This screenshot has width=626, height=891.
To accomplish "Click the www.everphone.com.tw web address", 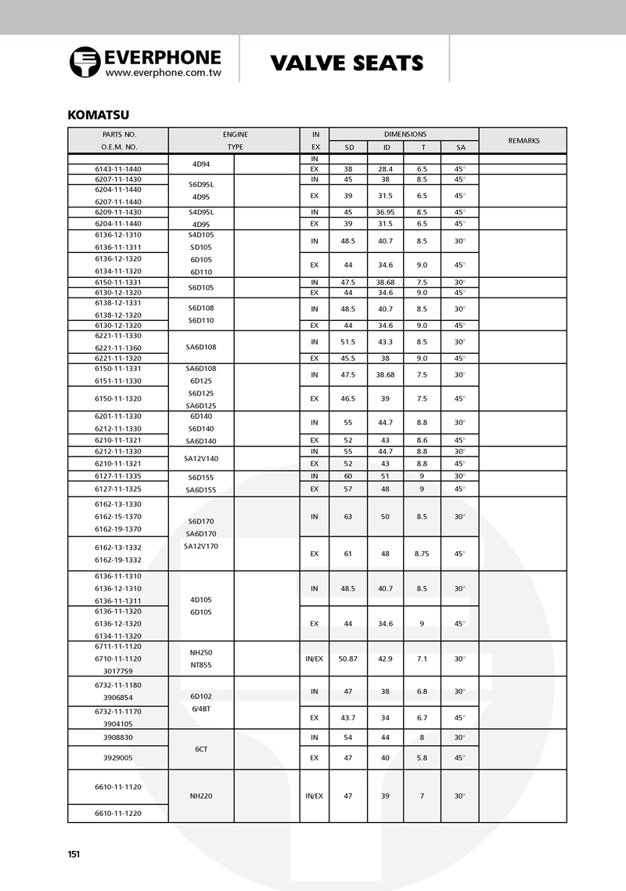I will pos(163,72).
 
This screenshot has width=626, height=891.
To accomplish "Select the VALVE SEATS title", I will pos(347,63).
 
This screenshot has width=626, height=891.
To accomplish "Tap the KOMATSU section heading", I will pos(98,115).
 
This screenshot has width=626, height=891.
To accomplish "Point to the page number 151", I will pos(74,854).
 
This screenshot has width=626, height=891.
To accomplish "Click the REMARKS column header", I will pos(523,141).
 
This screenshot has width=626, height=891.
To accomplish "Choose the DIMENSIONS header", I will pos(405,135).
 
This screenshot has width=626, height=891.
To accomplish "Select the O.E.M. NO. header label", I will pos(119,147).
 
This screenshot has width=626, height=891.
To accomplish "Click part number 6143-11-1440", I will pos(119,169).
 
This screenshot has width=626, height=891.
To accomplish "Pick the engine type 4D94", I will pos(201,164).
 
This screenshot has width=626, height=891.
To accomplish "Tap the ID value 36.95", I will pos(386,212).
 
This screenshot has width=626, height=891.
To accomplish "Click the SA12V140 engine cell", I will pos(201,458).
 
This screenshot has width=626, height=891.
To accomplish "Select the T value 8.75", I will pos(422,554).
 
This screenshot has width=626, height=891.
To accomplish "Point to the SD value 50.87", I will pos(348,659).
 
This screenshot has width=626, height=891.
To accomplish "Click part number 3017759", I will pos(119,671).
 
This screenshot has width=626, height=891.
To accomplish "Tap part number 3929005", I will pos(119,758).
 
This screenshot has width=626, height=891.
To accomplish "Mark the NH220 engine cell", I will pos(201,796).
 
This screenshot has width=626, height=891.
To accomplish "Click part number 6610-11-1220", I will pos(119,813).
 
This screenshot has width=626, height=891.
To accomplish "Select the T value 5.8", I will pos(422,758).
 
